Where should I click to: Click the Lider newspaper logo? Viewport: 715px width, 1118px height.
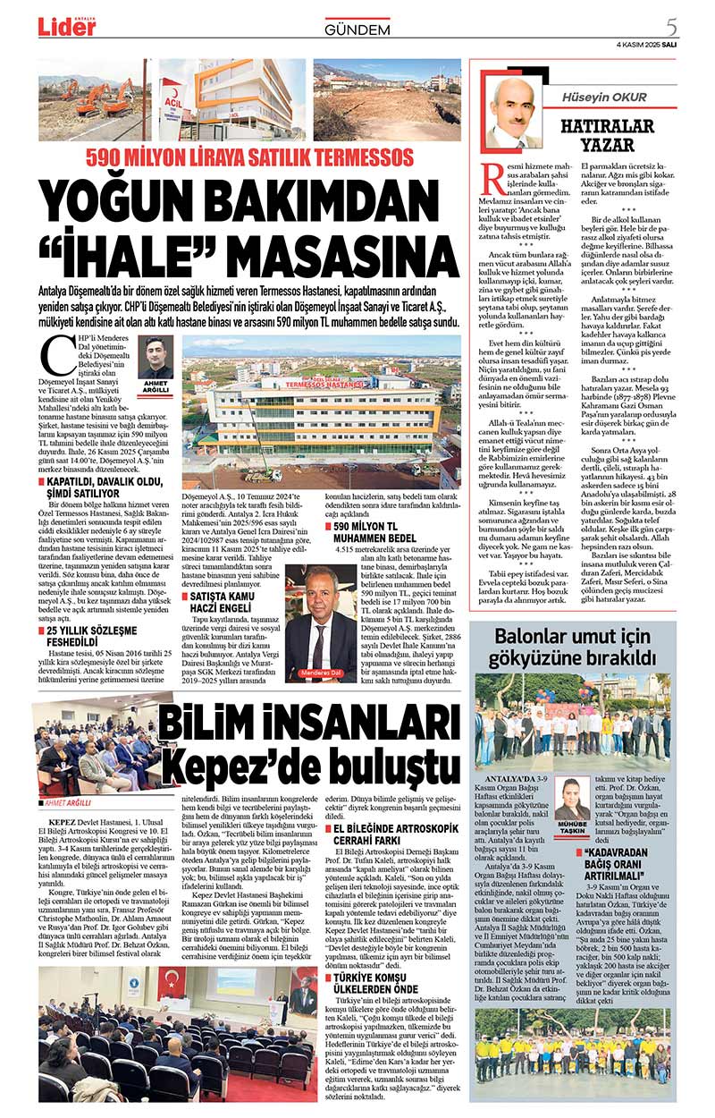67,27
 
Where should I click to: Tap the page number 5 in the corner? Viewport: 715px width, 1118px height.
671,26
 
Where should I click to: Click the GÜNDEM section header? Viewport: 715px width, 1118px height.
357,30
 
